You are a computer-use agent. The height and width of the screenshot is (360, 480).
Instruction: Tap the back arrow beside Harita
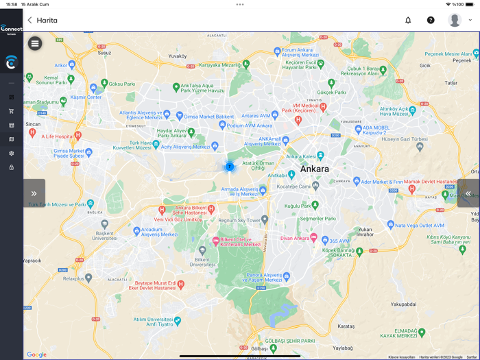tap(29, 21)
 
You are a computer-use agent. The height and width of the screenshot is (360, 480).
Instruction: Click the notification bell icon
tap(408, 21)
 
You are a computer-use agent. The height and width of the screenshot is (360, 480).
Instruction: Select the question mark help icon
tap(431, 21)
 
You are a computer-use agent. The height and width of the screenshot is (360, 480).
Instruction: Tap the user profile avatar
tap(455, 21)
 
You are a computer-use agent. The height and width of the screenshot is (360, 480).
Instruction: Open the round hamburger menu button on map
tap(35, 44)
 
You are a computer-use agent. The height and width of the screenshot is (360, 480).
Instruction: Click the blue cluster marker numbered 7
tap(230, 167)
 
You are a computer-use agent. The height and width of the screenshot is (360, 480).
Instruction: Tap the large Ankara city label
tap(314, 169)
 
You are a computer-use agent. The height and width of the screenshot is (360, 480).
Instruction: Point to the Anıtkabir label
tap(277, 176)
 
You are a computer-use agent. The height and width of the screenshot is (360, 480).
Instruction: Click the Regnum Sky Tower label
tap(239, 221)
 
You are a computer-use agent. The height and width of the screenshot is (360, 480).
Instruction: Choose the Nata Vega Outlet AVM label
tap(420, 225)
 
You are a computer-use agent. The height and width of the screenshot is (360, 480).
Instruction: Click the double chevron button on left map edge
tap(34, 193)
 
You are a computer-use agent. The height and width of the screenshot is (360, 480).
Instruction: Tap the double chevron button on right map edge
tap(468, 193)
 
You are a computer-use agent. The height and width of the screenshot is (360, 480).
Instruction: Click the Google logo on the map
tap(36, 355)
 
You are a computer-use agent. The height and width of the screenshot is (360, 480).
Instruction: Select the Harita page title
tap(47, 21)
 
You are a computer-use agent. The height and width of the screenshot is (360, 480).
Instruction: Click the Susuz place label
tap(104, 52)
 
